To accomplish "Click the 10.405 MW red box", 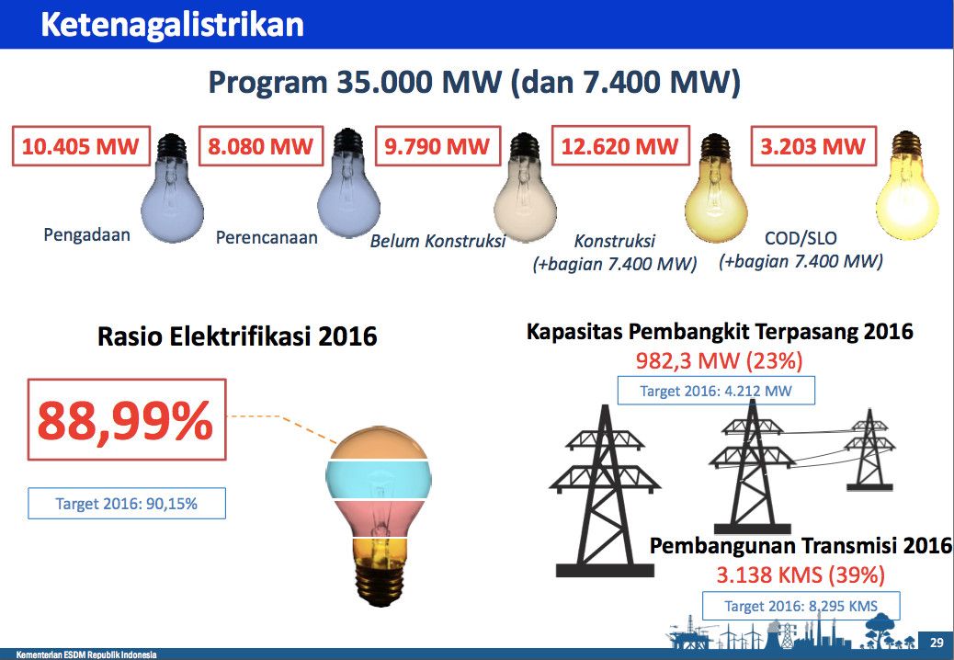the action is point(81,146).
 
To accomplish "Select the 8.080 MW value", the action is point(260,146).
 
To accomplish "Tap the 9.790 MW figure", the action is point(437,146).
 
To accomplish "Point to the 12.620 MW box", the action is point(620,146).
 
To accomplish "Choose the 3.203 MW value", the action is point(813,146).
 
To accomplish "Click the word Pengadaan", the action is point(87,234).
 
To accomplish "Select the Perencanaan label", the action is point(267,237).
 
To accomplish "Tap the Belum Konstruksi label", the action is point(438,241).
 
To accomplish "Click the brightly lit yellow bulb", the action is point(906,185).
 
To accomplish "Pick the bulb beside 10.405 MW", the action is point(172,188).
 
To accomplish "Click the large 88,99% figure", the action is point(126,420).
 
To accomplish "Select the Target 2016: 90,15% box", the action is point(127,504).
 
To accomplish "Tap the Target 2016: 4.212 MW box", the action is point(716,391).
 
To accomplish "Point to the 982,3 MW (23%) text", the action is point(719,360).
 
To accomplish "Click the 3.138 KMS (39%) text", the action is point(801,575).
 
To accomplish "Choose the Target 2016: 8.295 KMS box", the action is point(801,606).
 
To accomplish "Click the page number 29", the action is point(937,643).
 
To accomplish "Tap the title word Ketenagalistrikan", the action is point(172,24).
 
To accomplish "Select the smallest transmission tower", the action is point(870,450).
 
